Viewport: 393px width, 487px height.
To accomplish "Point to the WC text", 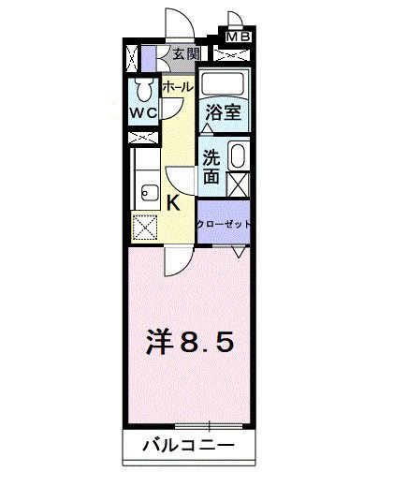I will pos(143,114).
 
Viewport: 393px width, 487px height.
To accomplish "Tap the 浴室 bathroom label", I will pos(224,111).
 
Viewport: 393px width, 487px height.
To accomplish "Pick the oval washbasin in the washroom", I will pos(238,155).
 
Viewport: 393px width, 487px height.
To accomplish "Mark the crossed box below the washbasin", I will pos(238,183).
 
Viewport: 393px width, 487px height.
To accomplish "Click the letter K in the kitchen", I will pos(174,201).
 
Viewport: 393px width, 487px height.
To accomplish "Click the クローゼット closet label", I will pos(225,223).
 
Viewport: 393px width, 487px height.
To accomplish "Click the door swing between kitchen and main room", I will pos(172,261).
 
